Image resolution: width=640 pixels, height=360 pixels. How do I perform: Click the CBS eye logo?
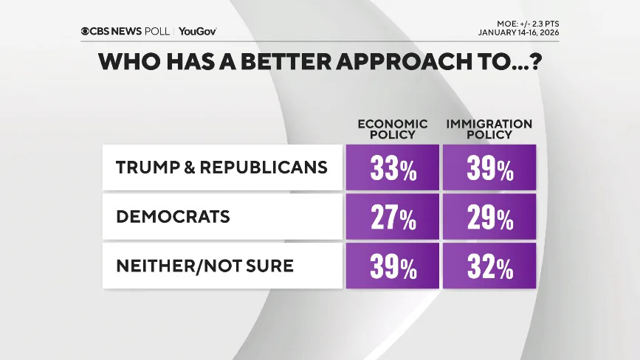[x=86, y=31]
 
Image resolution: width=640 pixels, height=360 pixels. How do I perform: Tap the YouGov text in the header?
[x=197, y=31]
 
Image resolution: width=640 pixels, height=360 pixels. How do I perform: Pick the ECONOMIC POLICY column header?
[x=392, y=129]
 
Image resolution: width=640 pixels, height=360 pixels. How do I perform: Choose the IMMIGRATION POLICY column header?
[x=489, y=129]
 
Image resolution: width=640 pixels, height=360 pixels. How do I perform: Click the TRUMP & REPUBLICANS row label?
[x=221, y=167]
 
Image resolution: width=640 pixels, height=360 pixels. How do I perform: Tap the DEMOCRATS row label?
[x=173, y=216]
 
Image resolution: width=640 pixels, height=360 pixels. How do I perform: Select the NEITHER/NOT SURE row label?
[x=204, y=266]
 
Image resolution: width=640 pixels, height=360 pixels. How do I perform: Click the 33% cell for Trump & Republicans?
[x=392, y=169]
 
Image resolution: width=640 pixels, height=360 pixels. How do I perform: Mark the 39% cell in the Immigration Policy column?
[x=489, y=169]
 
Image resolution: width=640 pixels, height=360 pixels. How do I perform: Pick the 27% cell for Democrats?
[x=392, y=218]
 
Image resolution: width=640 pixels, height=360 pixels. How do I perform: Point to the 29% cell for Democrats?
[x=489, y=218]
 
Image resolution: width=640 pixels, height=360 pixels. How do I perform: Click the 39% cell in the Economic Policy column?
[x=392, y=267]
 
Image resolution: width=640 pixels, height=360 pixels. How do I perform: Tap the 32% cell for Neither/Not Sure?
[x=489, y=267]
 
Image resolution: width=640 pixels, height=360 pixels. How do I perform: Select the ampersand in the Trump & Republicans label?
[x=188, y=167]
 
